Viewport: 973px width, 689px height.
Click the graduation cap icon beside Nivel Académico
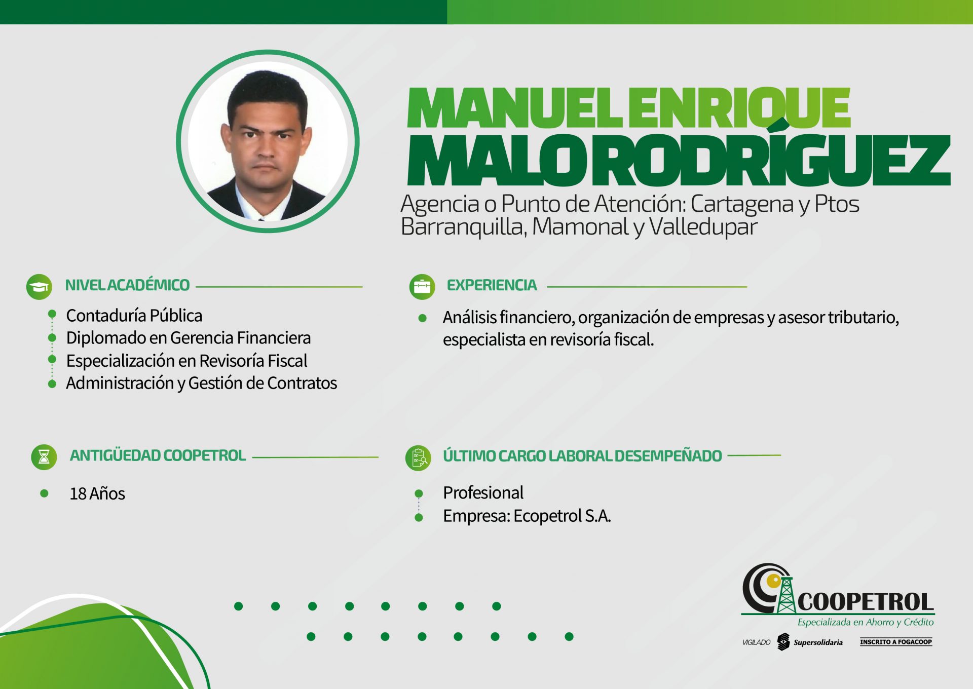[x=39, y=287]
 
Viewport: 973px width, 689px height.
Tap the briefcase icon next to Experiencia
[x=422, y=287]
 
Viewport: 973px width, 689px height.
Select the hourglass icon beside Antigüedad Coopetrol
[x=44, y=457]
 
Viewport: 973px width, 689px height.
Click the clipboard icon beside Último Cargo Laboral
[x=419, y=458]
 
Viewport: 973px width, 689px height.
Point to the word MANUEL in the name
[x=514, y=108]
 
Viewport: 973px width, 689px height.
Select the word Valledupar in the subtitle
[x=703, y=226]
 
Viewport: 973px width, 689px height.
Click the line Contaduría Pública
[x=134, y=316]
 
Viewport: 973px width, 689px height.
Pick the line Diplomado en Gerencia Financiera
[x=189, y=338]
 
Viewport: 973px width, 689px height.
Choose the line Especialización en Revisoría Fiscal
[x=187, y=361]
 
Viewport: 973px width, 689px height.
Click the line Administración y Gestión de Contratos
[x=202, y=383]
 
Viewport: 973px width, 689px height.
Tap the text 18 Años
[x=97, y=493]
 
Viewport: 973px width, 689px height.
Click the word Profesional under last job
[x=483, y=492]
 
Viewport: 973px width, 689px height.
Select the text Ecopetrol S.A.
[x=563, y=516]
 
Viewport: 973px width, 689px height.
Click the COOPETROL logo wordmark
[x=866, y=602]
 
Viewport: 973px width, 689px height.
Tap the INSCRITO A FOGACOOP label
[x=896, y=642]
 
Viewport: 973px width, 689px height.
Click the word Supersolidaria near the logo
[x=818, y=642]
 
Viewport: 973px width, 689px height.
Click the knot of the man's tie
[x=261, y=219]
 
